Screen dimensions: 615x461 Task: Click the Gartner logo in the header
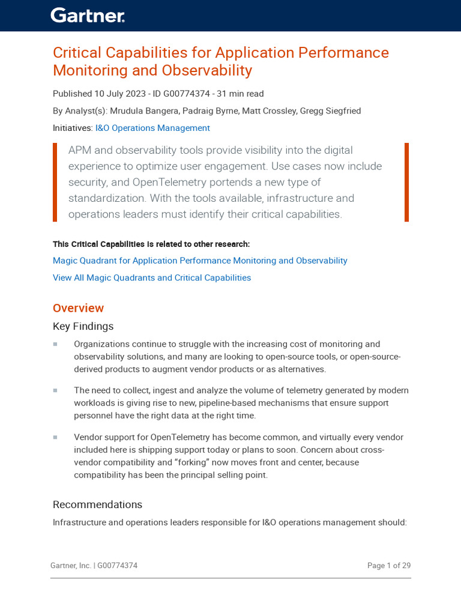(88, 16)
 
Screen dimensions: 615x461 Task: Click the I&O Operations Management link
(152, 128)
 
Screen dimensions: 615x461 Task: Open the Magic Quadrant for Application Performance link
(200, 261)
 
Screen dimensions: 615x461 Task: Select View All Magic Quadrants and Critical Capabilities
(152, 277)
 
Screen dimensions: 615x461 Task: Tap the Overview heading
(78, 308)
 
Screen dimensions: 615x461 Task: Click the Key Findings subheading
(83, 326)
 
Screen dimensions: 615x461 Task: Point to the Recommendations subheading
(97, 504)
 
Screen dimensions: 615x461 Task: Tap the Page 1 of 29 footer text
(388, 566)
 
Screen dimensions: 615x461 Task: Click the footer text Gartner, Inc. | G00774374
(94, 566)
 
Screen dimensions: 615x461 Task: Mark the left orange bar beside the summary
(55, 182)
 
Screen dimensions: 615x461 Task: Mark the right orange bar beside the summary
(406, 182)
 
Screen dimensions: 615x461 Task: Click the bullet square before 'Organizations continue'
(55, 344)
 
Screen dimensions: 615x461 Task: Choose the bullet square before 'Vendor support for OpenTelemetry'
(55, 437)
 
